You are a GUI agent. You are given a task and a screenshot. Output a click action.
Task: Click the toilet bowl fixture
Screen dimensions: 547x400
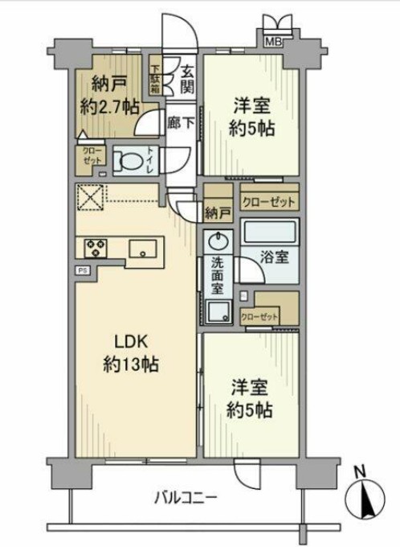click(129, 160)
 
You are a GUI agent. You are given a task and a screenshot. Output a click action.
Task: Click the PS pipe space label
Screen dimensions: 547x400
click(82, 271)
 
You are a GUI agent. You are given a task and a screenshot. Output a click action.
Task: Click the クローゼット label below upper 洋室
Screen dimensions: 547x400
click(269, 200)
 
